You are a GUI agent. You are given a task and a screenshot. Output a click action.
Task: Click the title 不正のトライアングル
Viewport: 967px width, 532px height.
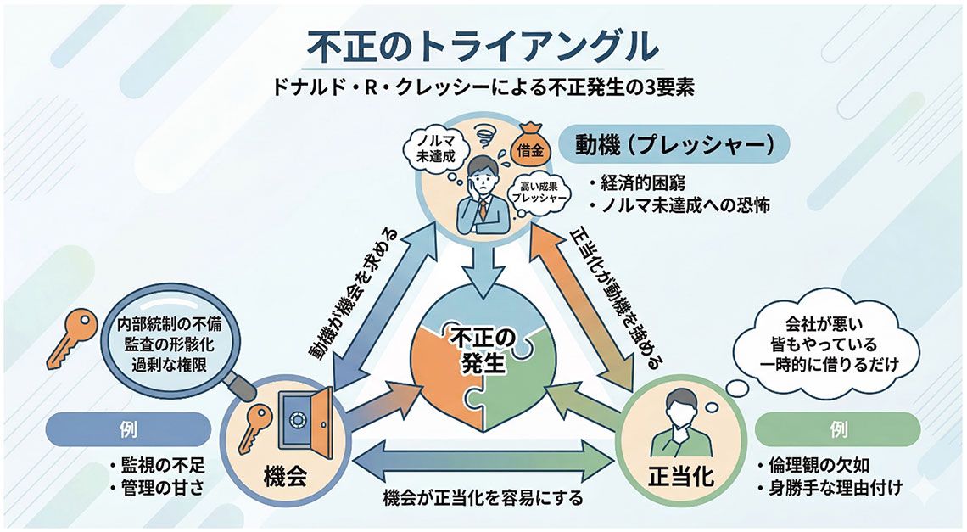482,48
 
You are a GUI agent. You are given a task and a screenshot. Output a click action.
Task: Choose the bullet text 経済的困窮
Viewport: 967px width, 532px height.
645,182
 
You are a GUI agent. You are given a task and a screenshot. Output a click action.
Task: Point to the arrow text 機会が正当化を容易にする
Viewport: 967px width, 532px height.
483,498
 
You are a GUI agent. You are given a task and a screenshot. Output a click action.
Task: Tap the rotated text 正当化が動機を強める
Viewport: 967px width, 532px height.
612,297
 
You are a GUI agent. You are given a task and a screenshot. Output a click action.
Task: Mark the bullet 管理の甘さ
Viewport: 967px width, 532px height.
157,488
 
